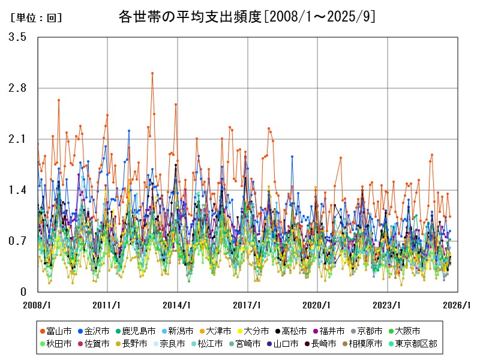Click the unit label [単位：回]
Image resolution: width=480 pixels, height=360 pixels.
37,18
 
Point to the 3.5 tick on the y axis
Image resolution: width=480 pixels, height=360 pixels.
17,37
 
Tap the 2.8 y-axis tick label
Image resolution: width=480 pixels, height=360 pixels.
17,88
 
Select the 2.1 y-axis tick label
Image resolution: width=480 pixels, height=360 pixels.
17,139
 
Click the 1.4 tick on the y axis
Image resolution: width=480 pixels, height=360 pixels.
17,190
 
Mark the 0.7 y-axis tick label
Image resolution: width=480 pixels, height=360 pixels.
17,241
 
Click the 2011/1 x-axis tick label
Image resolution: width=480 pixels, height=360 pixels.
107,304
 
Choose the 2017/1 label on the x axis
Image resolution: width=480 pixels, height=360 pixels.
248,304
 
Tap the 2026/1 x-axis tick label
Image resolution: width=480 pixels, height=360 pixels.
458,304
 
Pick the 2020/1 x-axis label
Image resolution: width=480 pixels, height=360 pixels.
317,304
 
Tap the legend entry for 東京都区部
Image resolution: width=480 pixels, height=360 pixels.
429,344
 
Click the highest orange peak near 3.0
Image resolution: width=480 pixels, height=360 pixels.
152,73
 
